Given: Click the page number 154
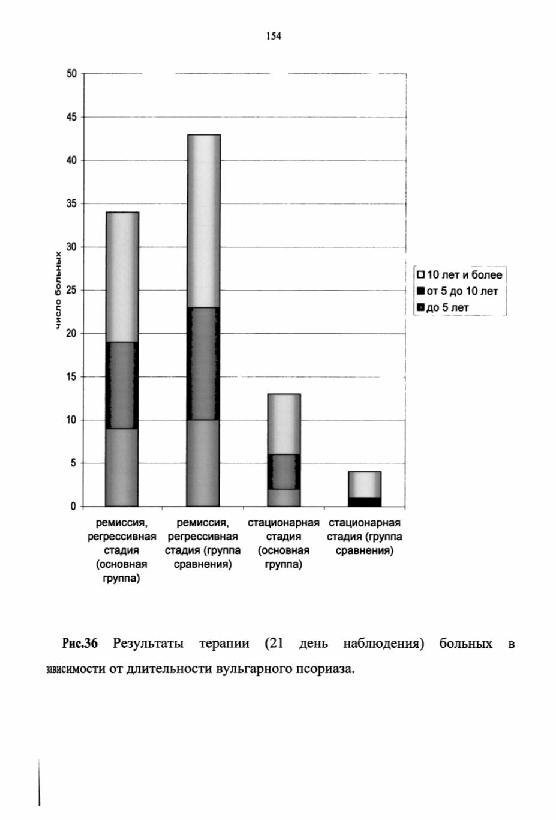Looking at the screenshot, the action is [274, 36].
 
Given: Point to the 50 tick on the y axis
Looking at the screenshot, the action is [72, 74].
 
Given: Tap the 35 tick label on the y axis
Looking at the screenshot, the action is [72, 203].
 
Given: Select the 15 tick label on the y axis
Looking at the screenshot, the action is [72, 377].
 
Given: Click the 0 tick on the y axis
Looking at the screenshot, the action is [74, 507].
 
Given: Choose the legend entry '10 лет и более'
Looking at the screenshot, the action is [460, 274].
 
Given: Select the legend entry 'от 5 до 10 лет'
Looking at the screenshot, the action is [458, 291].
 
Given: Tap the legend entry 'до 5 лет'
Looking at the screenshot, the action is [443, 307].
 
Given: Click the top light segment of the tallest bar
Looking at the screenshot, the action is [203, 221].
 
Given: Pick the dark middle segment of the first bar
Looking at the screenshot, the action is [122, 385].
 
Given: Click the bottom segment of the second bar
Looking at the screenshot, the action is [203, 463].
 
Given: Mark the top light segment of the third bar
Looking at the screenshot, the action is [284, 424].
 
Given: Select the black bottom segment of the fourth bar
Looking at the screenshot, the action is [365, 502].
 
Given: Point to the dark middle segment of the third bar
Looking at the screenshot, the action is [284, 472].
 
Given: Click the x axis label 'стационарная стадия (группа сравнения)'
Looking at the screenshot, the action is [365, 537].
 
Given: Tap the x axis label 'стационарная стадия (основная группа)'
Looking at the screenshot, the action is [284, 544].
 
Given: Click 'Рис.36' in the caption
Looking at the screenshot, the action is [80, 643].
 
